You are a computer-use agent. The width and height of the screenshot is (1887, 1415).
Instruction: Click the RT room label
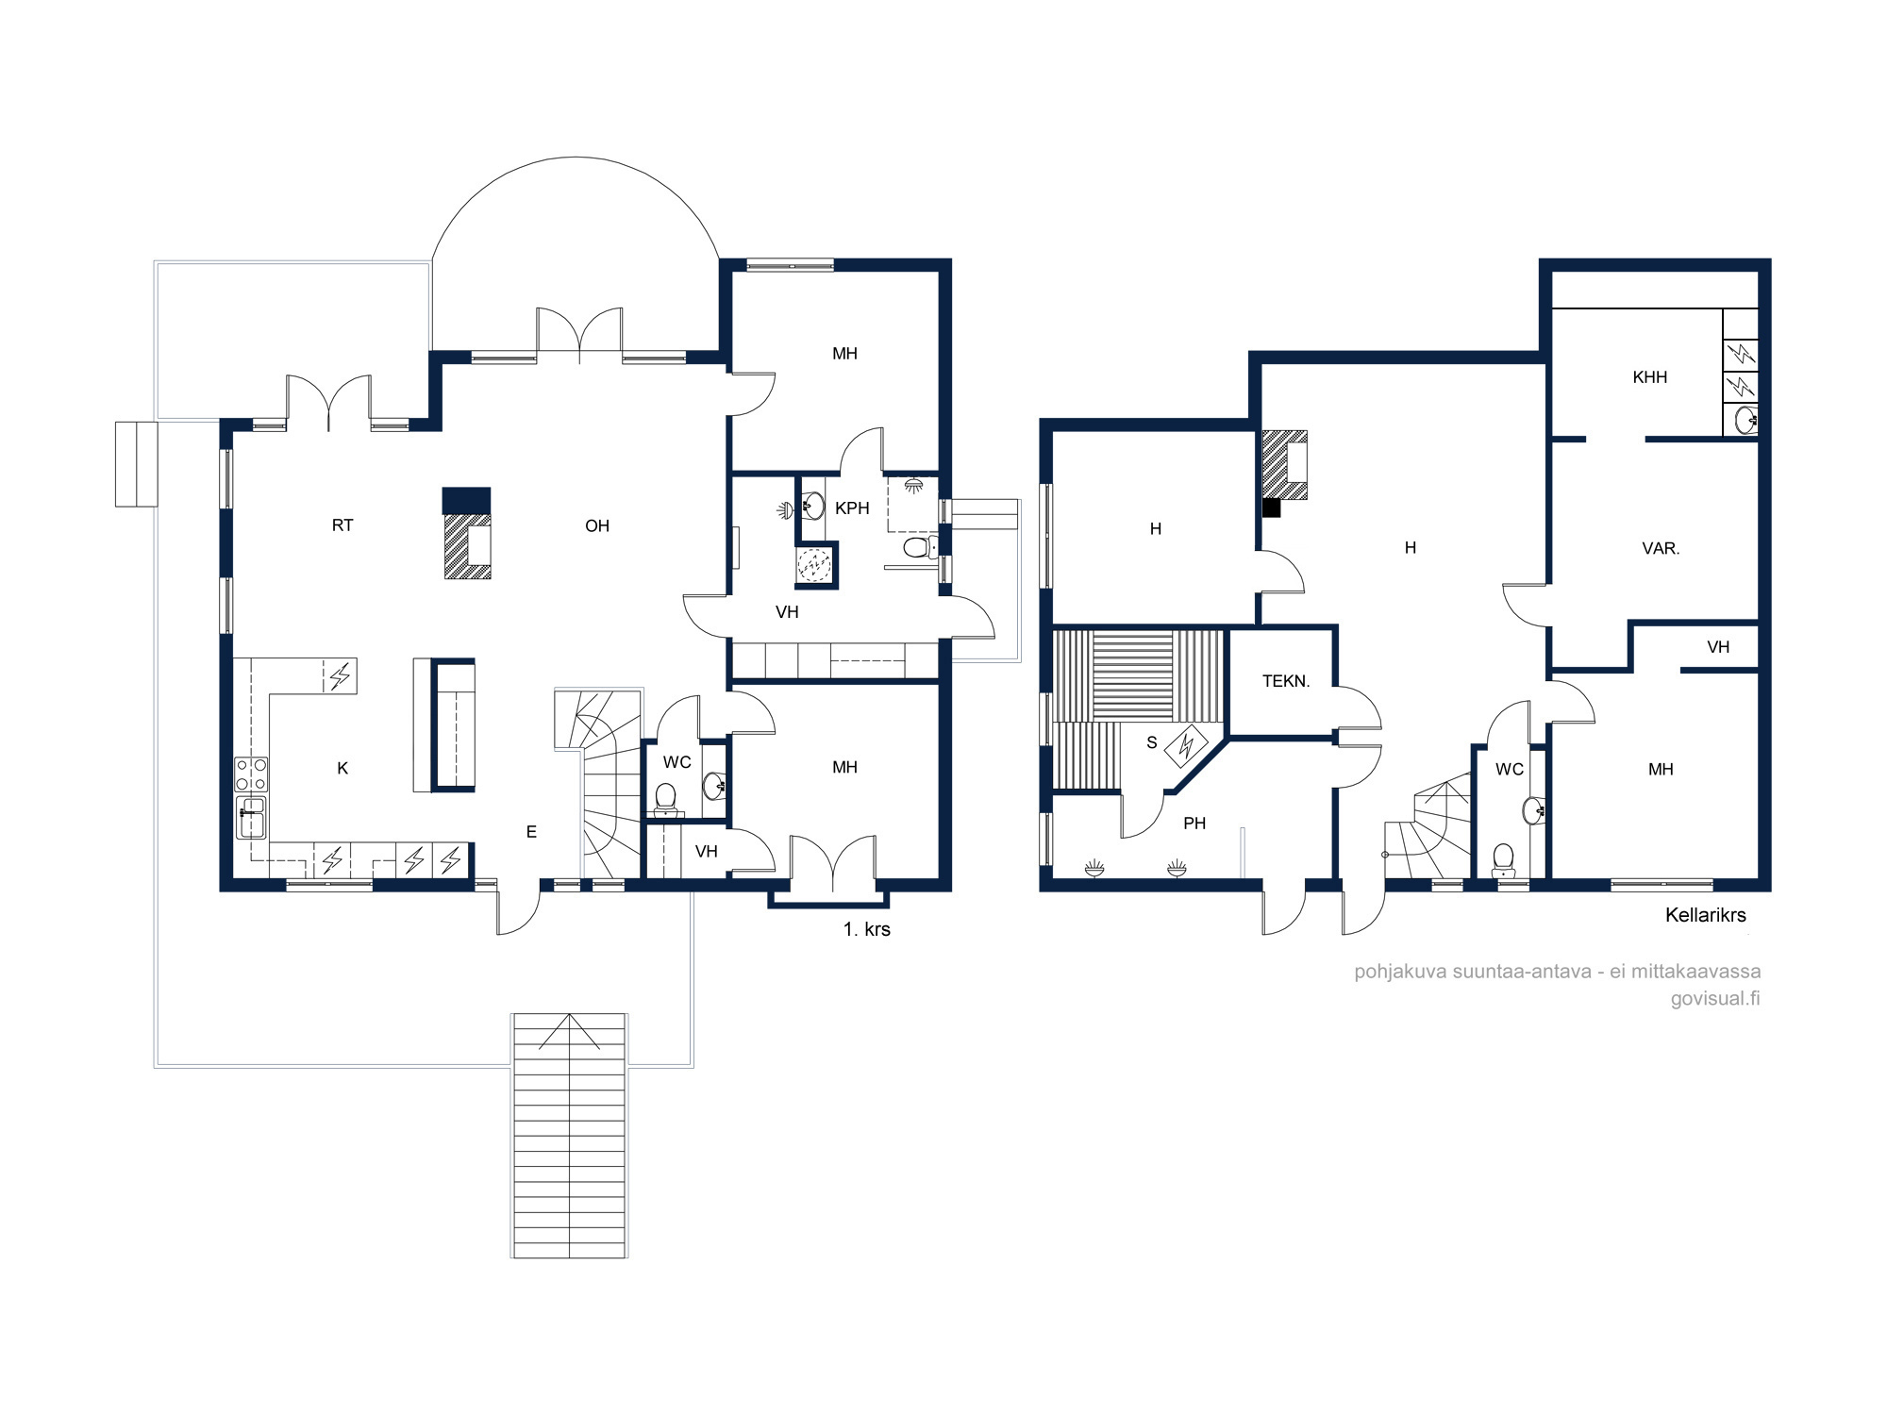tap(342, 525)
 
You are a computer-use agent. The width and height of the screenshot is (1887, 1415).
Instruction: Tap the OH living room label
tap(597, 526)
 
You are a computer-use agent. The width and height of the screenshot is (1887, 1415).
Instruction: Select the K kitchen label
tap(342, 769)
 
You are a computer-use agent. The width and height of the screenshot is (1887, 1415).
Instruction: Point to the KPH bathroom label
tap(852, 508)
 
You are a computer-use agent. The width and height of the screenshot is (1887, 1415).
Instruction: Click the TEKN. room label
tap(1286, 681)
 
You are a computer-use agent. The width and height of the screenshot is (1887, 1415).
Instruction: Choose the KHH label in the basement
tap(1650, 377)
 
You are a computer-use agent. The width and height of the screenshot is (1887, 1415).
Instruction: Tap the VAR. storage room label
tap(1661, 548)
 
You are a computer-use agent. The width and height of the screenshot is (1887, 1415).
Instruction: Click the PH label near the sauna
tap(1194, 824)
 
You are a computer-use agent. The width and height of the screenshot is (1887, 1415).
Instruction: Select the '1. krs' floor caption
tap(866, 929)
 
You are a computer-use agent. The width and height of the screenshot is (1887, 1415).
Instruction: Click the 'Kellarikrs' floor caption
tap(1706, 915)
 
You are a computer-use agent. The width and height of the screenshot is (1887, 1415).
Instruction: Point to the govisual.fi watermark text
tap(1715, 998)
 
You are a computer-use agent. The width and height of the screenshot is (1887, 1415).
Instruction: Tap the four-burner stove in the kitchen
tap(251, 774)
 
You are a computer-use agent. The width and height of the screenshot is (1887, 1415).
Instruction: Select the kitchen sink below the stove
tap(251, 818)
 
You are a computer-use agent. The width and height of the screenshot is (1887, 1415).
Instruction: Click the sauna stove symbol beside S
tap(1187, 746)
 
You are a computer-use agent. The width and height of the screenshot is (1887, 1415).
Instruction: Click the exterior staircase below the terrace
tap(570, 1136)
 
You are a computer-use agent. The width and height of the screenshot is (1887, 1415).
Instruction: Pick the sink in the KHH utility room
tap(1745, 420)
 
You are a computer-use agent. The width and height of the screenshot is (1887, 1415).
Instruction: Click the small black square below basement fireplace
tap(1272, 508)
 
